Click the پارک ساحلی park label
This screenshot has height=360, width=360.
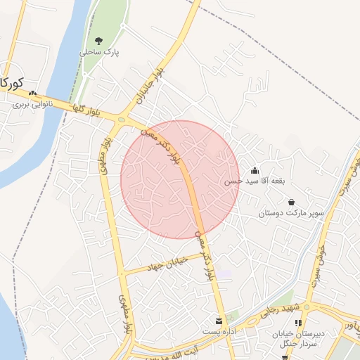pos(100,52)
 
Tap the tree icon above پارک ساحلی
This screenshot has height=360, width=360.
pos(98,41)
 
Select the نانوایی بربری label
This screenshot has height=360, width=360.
pos(31,104)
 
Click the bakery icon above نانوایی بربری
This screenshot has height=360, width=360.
pos(32,93)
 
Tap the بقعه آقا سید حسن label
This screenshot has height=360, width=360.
pos(255,181)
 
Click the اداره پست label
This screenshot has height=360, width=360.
pos(219,330)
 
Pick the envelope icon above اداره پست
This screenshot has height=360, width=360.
pos(219,321)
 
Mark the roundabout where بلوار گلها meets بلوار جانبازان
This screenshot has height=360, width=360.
pos(121,119)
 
